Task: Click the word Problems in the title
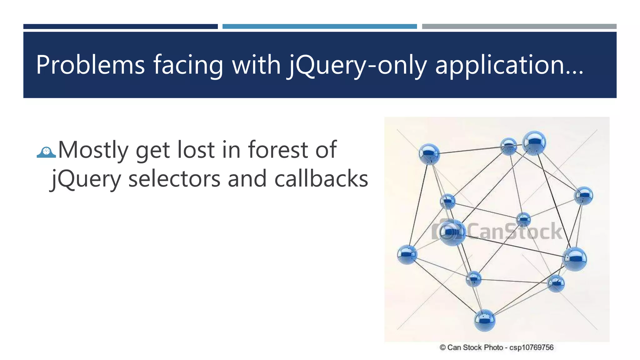pos(90,65)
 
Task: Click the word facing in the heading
pos(188,65)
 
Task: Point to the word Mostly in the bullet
pos(93,150)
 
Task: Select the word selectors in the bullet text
pos(174,179)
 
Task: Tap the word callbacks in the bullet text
pos(321,179)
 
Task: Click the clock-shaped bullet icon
pos(46,152)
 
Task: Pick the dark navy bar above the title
pos(120,27)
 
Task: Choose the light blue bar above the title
pos(319,27)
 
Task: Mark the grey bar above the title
pos(519,27)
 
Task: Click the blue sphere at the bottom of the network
pos(484,320)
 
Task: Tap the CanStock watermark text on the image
pos(514,232)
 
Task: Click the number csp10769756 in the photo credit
pos(531,347)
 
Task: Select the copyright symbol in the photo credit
pos(442,347)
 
